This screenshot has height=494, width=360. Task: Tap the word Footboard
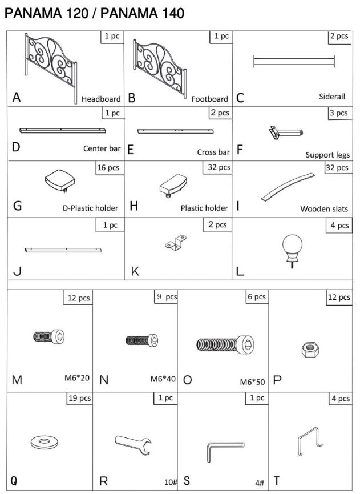(209, 99)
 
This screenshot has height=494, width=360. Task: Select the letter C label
(240, 98)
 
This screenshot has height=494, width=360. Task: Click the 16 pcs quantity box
(109, 168)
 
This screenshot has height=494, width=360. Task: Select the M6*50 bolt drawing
(225, 344)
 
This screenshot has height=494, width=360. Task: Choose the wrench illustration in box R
(133, 444)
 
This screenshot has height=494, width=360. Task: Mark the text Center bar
(102, 148)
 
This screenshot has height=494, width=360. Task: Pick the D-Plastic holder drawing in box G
(60, 181)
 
